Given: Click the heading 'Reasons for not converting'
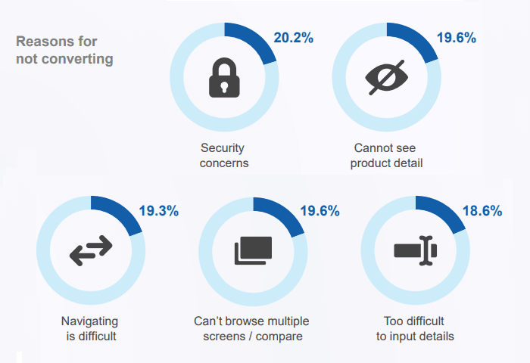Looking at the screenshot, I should point(64,50).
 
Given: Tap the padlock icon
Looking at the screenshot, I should point(224,76).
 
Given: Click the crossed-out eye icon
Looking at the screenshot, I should point(386,76).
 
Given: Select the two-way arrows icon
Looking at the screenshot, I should point(91,250).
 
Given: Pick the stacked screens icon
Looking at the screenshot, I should point(253,250).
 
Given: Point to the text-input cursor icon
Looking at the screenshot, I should point(415,250).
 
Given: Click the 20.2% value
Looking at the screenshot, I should point(295,37).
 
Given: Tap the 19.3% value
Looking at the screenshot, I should point(159,211).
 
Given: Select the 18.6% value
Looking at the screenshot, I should point(482,211).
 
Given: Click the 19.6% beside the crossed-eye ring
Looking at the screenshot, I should point(457,37).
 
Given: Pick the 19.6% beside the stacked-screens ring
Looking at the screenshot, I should point(320,211).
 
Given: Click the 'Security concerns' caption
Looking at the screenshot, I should point(224,155).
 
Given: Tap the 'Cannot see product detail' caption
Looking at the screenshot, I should point(386,155).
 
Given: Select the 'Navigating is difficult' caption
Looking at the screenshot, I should point(91,328).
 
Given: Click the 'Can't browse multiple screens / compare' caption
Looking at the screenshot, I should point(252,328).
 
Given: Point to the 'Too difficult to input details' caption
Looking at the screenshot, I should point(415,328).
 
